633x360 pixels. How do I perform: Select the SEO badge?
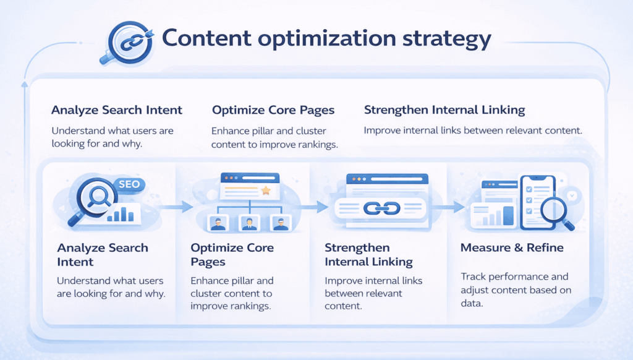(129, 184)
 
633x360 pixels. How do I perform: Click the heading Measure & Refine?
(512, 248)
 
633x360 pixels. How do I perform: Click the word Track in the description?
(474, 276)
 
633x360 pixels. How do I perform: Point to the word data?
(472, 304)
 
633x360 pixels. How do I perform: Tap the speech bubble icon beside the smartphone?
(571, 195)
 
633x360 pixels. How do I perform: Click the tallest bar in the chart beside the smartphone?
(508, 215)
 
